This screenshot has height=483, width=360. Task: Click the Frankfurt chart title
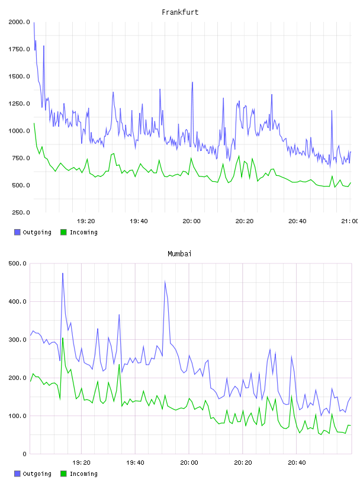coord(180,12)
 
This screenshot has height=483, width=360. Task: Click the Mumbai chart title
coord(179,254)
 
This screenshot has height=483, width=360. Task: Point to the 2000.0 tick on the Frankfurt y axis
coord(19,22)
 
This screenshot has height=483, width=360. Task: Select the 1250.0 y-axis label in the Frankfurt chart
coord(19,104)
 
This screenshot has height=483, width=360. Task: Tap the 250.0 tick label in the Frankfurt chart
coord(21,212)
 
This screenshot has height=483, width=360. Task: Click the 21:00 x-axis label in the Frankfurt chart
coord(350,221)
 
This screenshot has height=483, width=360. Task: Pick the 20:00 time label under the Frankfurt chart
coord(191,221)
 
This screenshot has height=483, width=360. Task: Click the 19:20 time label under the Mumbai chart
coord(81,463)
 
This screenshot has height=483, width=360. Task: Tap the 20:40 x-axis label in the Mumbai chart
coord(297,463)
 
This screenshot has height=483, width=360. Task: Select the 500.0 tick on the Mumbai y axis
coord(18,263)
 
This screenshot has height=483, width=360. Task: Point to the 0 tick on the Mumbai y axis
coord(25,454)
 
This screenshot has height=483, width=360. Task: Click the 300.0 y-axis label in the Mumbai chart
coord(18,340)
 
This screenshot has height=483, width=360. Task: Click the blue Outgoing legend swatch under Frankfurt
coord(17,232)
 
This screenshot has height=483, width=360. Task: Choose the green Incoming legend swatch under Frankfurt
coord(63,232)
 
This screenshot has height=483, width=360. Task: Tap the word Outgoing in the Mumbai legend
coord(37,474)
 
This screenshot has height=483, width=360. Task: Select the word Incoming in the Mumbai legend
coord(83,474)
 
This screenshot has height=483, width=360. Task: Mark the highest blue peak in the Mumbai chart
coord(63,273)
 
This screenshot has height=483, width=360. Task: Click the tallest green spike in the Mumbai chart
coord(63,338)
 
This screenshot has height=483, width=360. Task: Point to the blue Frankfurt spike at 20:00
coord(192,82)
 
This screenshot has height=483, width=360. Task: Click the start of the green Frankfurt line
coord(34,123)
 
